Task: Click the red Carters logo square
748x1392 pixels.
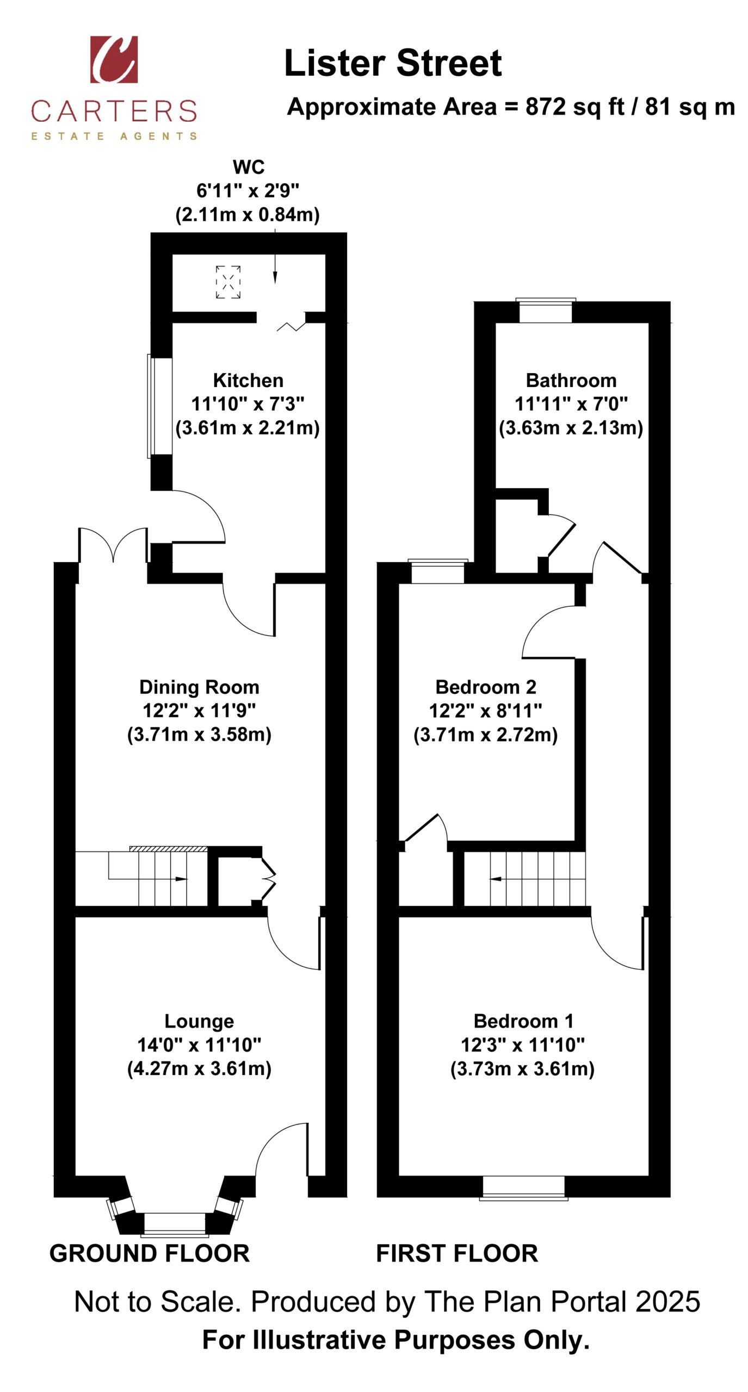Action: point(114,59)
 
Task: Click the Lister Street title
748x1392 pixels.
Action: point(393,63)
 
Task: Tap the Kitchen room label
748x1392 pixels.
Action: point(248,380)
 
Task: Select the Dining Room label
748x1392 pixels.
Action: point(199,687)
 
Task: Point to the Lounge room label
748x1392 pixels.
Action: point(199,1021)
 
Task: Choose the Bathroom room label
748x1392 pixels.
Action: point(571,380)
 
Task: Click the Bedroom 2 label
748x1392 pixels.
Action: point(486,687)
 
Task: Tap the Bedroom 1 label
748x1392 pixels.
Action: point(523,1021)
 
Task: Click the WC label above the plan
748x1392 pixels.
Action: point(249,167)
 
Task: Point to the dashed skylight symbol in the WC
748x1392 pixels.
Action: point(228,282)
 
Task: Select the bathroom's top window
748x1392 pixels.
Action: point(546,310)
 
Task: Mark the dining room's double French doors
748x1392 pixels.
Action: point(113,545)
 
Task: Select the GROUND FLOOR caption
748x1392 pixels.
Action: point(150,1253)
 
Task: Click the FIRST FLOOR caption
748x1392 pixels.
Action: point(457,1253)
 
